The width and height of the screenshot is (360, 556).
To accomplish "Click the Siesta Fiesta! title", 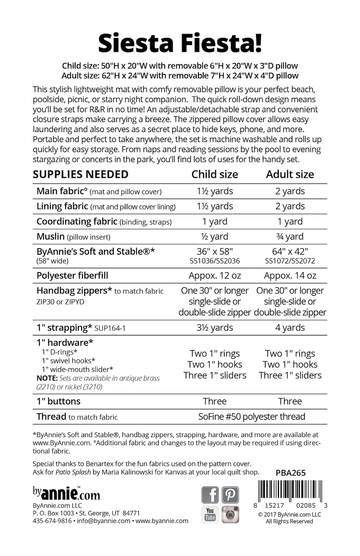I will click(180, 44).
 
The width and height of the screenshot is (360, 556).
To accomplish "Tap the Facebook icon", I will click(210, 495).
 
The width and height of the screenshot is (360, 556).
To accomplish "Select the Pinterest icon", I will click(230, 495).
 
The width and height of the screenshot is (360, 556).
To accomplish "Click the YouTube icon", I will click(210, 515).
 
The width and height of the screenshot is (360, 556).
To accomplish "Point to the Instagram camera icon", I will click(230, 515).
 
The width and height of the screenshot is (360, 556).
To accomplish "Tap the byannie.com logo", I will click(66, 493).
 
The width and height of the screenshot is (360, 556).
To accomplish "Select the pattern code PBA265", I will click(290, 473).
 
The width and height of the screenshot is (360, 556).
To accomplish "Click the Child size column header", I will click(215, 174).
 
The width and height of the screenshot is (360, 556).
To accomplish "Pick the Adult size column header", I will click(290, 174).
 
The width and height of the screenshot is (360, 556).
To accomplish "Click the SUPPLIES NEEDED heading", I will click(80, 174).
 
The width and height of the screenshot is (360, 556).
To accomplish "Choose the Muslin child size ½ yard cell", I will click(215, 237).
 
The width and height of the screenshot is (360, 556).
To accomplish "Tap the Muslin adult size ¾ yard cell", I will click(290, 237).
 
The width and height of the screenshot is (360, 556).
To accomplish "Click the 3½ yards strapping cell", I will click(215, 328).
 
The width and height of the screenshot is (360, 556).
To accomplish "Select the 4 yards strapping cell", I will click(290, 328).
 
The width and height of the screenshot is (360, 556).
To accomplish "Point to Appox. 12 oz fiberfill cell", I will click(215, 275).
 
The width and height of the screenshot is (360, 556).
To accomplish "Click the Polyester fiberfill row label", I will click(72, 275).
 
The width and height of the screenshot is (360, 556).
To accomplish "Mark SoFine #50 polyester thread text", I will click(252, 417).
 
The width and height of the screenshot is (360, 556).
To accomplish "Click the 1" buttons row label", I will click(58, 401).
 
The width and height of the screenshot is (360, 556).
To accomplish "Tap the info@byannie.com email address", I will click(104, 521).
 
